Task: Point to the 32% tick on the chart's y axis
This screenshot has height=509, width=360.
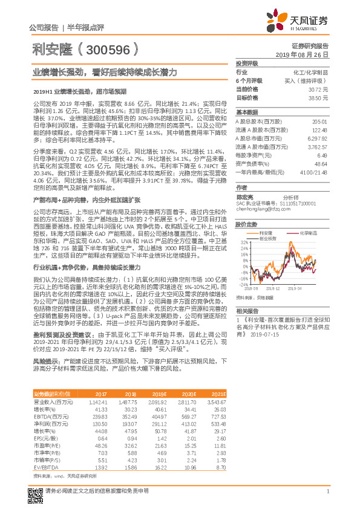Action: click(242, 242)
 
